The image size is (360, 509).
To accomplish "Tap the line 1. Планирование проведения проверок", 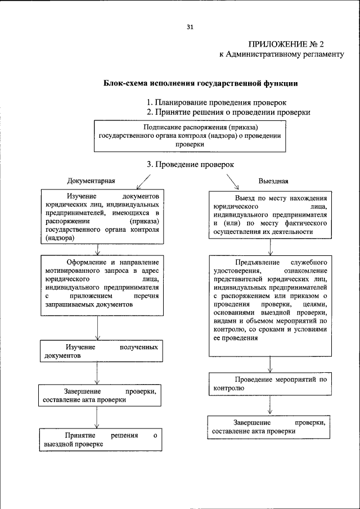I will coord(217,102).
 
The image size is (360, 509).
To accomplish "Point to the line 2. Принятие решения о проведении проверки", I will coord(228,112).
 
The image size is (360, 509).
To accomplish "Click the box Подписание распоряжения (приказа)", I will coord(189,136).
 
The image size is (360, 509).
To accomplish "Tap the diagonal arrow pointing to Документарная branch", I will coord(143,182).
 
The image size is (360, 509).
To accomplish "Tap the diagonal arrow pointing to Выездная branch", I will coord(232,182).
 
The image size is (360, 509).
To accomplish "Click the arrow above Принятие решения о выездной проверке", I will coord(98,417).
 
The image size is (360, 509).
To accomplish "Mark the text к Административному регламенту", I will coord(281,55).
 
